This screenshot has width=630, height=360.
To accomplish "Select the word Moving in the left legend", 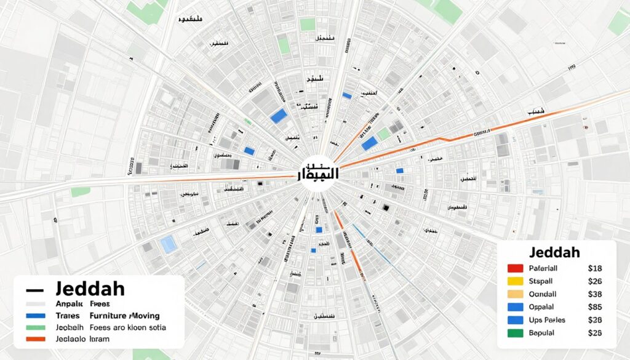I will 147,316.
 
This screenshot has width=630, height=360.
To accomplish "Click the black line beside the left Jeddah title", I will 34,289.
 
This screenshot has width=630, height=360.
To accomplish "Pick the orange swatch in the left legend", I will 34,339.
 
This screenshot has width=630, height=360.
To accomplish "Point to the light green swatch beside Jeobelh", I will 34,328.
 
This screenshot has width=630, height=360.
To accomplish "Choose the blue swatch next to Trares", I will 34,316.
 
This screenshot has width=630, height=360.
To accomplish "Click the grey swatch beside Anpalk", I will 34,304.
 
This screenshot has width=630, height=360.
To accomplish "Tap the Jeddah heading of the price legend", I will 554,253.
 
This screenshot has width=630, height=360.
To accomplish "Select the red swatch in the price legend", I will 516,268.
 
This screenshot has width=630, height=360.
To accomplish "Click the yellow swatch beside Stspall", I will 516,281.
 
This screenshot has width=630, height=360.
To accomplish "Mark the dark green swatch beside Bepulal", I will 516,333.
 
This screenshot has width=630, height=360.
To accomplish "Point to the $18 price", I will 595,268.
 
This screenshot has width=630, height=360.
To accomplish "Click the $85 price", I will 595,307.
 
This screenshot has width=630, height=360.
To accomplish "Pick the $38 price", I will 595,294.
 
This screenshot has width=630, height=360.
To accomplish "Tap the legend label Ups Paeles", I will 547,320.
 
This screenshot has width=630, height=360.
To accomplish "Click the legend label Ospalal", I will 541,307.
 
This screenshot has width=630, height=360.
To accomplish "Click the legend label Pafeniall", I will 543,268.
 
